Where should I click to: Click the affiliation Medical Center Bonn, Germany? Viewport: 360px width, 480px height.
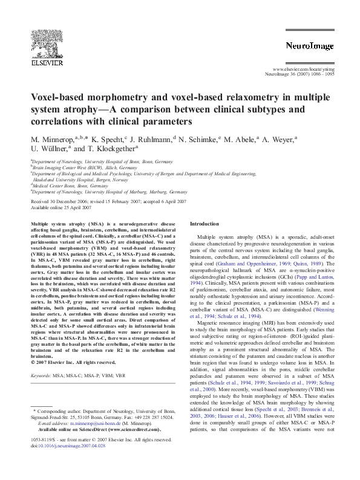click(63, 186)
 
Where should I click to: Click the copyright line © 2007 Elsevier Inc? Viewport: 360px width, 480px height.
click(73, 363)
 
